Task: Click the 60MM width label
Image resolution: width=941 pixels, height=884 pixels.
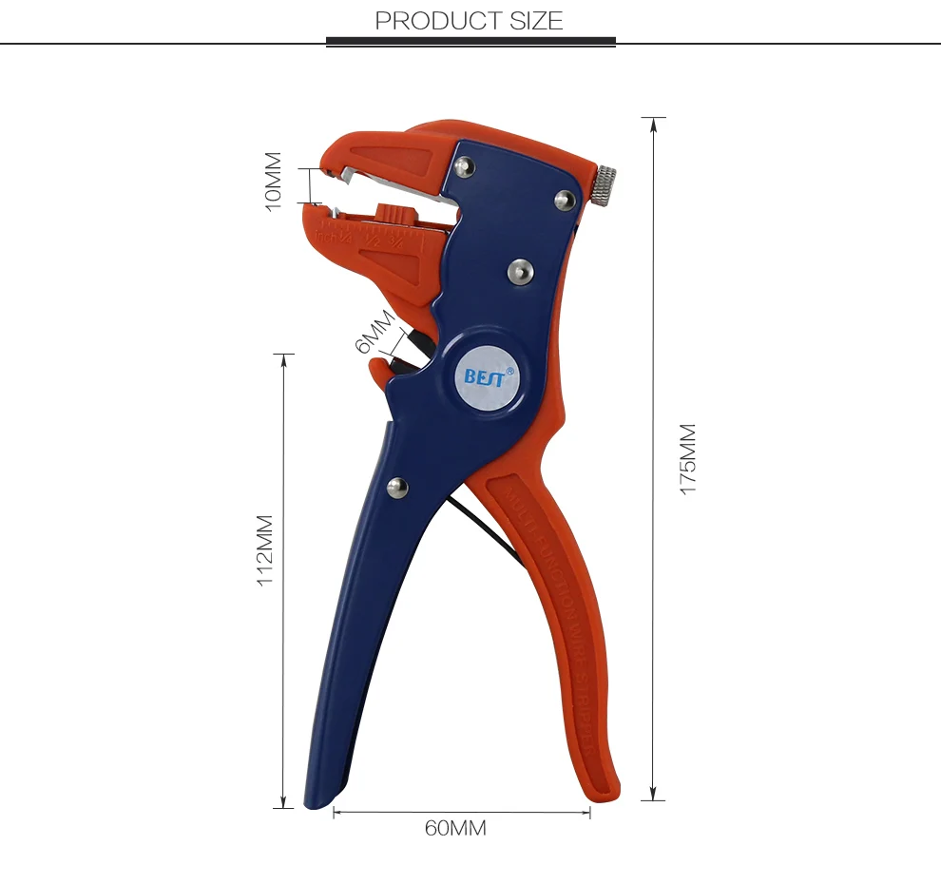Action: click(455, 829)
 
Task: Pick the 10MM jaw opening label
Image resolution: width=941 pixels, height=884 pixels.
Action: click(274, 181)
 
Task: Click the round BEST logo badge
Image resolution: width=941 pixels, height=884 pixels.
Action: click(487, 375)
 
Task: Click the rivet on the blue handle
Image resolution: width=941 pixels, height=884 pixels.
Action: click(396, 488)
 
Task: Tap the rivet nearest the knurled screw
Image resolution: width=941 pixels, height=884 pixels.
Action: click(564, 199)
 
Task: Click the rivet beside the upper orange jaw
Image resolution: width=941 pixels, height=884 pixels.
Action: click(464, 166)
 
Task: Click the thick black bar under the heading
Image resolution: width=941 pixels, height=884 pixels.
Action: click(470, 42)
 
